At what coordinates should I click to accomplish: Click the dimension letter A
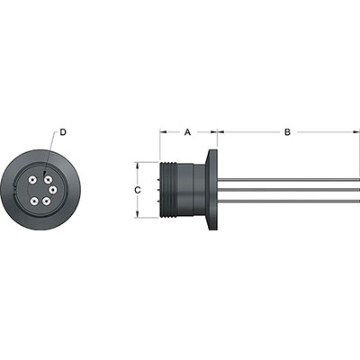click(187, 131)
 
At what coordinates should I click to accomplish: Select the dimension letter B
click(286, 131)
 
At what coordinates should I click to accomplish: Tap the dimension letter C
click(136, 190)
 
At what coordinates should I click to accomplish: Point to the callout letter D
click(64, 132)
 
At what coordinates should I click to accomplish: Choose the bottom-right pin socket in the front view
click(47, 201)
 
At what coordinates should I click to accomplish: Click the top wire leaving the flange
click(288, 180)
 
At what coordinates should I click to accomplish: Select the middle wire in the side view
click(288, 190)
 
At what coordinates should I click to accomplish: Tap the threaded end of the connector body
click(166, 190)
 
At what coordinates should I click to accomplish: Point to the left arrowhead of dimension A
click(163, 131)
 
